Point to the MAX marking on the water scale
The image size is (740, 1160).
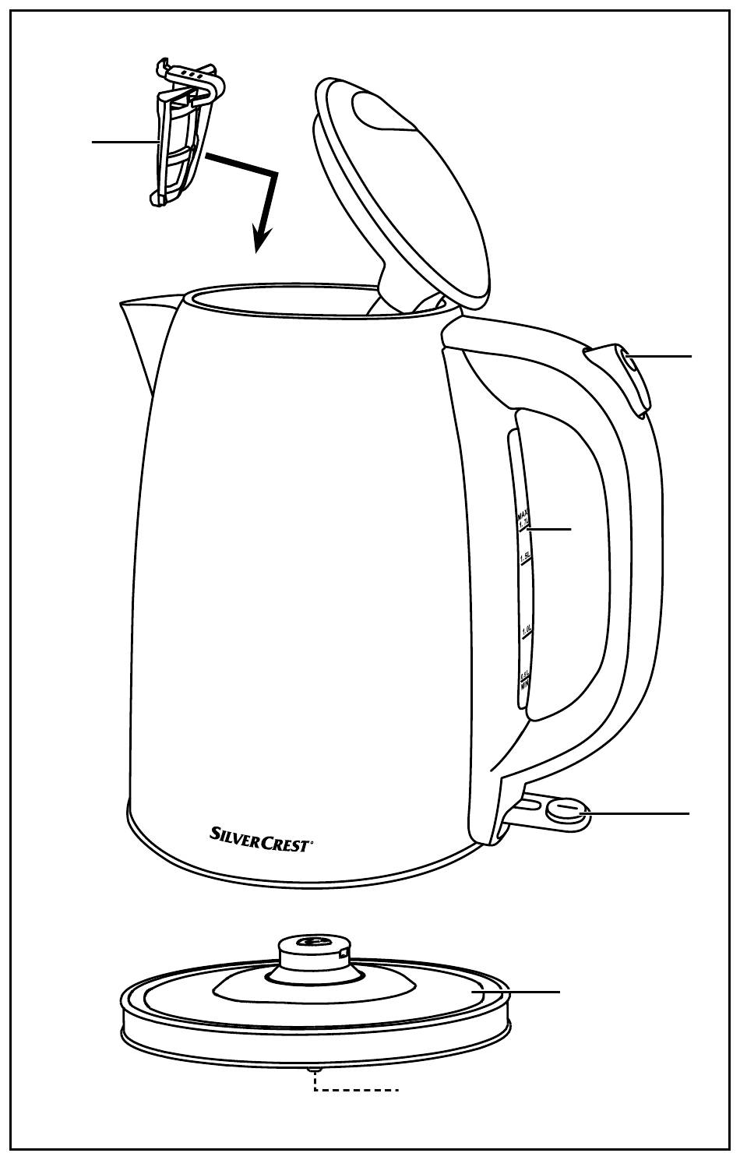coord(522,517)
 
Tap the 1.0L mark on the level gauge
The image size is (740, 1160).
coord(526,629)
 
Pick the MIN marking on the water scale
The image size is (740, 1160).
coord(524,686)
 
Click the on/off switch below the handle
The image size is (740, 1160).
coord(566,812)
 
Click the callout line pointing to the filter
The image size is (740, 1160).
coord(125,142)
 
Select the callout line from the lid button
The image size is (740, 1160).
coord(662,356)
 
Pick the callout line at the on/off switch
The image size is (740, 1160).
coord(639,813)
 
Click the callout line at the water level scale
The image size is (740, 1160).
coord(549,529)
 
